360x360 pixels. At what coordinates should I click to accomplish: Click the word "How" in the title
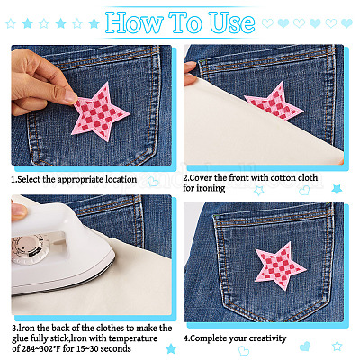tap(134, 22)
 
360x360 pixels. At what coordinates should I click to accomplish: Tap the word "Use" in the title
tap(232, 22)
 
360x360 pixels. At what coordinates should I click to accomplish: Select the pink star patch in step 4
tap(280, 265)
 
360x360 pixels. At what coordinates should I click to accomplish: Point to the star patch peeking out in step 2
tap(274, 102)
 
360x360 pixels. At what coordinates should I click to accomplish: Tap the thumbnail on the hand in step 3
tap(19, 211)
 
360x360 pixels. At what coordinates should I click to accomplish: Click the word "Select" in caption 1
tap(29, 179)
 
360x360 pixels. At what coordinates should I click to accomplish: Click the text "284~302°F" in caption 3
tap(41, 348)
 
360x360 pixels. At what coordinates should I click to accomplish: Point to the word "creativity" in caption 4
tap(266, 338)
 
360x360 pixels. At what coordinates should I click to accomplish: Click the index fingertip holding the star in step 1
tap(69, 96)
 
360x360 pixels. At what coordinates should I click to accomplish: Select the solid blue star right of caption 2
tap(337, 190)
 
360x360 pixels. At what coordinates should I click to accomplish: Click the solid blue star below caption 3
tap(171, 348)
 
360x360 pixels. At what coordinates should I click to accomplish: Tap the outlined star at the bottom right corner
tap(337, 346)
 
